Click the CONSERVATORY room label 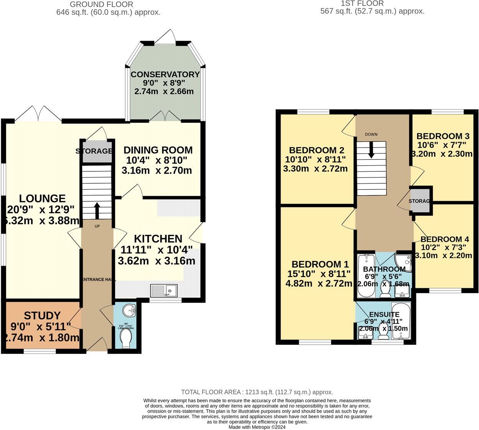coord(165,75)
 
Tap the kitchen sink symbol coord(164,290)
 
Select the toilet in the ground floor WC coord(126,339)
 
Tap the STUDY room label coord(42,316)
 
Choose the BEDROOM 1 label coord(320,264)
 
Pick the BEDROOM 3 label coord(443,136)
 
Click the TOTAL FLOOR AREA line coord(257,392)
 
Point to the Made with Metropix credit coord(257,427)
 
